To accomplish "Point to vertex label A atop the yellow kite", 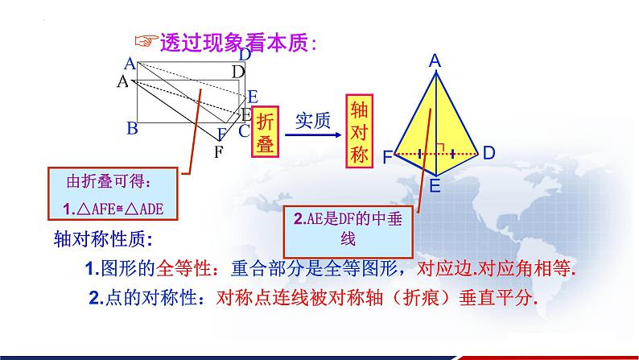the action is (435, 60).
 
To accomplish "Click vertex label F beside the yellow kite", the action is (387, 158).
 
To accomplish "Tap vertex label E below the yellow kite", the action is (435, 186).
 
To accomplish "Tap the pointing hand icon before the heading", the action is (144, 42).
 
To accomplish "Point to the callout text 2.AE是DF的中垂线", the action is (337, 228).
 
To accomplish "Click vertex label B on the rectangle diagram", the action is (132, 128).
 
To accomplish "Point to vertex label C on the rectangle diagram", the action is (243, 129).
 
